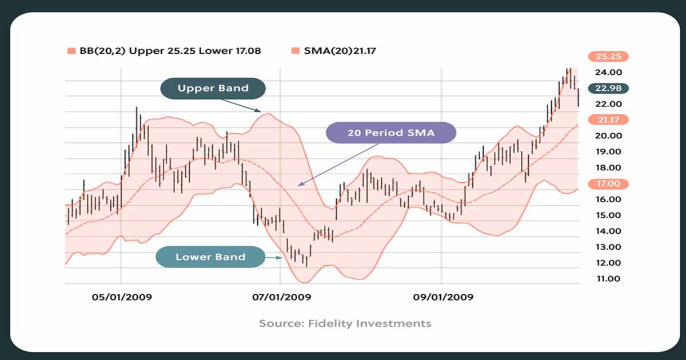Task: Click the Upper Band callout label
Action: (213, 89)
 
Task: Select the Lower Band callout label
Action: (210, 257)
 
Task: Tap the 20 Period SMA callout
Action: (392, 133)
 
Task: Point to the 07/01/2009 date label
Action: (281, 297)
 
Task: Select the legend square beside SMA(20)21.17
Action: (295, 51)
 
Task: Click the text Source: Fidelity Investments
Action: (345, 323)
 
